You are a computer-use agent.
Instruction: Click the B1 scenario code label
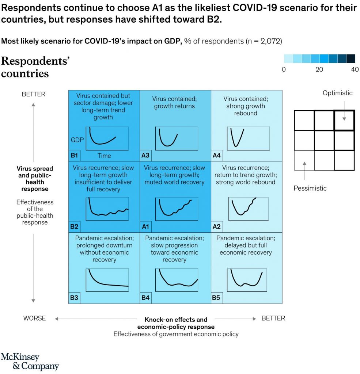click(74, 155)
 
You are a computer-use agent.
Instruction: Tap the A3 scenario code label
click(145, 155)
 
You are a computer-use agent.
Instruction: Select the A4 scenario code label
click(216, 155)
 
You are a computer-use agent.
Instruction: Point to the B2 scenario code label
click(74, 226)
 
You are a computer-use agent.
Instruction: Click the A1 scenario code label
click(145, 226)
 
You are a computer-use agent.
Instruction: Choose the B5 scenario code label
click(216, 298)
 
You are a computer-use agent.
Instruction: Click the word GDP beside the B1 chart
click(77, 140)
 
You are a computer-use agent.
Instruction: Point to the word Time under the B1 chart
click(104, 156)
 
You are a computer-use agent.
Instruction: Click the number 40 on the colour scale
click(354, 69)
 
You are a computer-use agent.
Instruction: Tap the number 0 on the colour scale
click(284, 69)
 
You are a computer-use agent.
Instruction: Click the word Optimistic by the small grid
click(337, 93)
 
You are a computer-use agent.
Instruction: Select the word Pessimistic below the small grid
click(310, 188)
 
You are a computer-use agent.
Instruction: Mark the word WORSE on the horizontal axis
click(34, 318)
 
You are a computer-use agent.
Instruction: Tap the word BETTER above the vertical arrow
click(34, 94)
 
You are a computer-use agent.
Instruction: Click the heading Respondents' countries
click(35, 67)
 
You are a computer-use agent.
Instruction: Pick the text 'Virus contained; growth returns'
click(174, 103)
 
